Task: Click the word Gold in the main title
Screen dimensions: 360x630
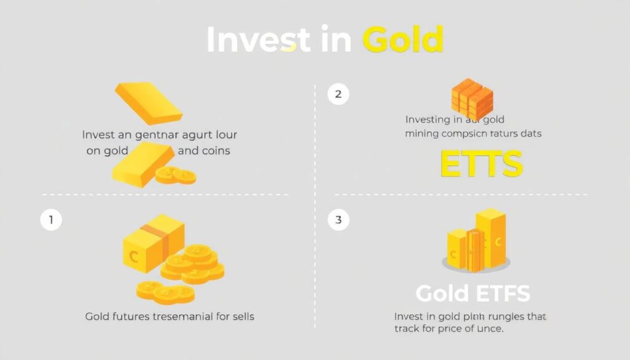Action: pyautogui.click(x=402, y=40)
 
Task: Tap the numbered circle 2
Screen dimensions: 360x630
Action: pyautogui.click(x=338, y=94)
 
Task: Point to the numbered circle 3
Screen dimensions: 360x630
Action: pyautogui.click(x=338, y=220)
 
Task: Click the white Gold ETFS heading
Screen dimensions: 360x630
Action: pyautogui.click(x=472, y=294)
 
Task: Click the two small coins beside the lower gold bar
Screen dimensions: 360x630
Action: pyautogui.click(x=175, y=175)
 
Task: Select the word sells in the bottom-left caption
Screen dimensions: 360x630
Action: pyautogui.click(x=241, y=316)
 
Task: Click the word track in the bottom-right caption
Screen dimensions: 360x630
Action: pyautogui.click(x=407, y=329)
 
